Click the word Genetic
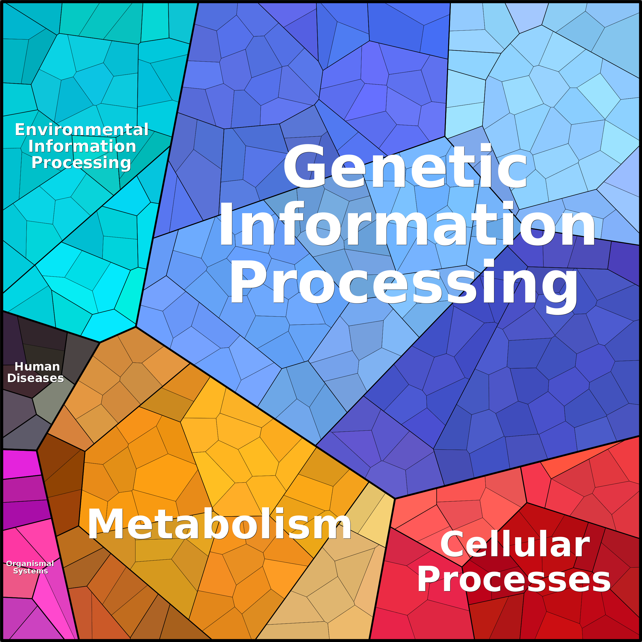coord(405,167)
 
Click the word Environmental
coord(82,130)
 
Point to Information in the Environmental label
coord(82,146)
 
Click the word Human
coord(37,366)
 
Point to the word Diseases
coord(36,378)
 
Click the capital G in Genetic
coord(304,167)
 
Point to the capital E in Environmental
coord(20,130)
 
